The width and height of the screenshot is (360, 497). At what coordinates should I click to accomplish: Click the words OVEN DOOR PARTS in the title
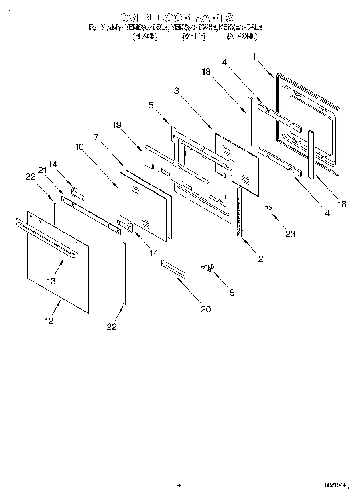(x=177, y=18)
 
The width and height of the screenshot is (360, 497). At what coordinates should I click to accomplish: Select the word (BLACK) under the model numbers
(x=144, y=37)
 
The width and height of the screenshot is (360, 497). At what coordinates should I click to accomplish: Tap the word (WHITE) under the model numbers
(x=194, y=37)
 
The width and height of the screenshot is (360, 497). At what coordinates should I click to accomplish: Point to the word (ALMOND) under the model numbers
(x=242, y=37)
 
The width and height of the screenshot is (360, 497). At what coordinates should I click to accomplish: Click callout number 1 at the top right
(x=254, y=57)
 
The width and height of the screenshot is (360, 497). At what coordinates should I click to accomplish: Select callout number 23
(x=290, y=234)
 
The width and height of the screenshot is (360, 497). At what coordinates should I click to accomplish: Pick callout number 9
(x=232, y=292)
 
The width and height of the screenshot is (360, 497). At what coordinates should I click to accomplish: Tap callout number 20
(x=205, y=309)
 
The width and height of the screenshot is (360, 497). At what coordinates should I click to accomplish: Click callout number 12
(x=49, y=321)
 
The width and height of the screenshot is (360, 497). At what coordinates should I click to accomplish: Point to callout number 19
(x=117, y=125)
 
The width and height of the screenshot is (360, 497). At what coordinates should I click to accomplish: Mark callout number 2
(x=260, y=259)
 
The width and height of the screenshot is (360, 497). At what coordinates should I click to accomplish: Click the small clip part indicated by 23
(x=268, y=207)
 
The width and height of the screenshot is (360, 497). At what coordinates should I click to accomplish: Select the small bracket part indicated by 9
(x=208, y=266)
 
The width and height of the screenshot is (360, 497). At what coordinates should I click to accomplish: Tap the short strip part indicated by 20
(x=173, y=268)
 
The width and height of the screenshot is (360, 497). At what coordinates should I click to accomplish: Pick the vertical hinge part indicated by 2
(x=240, y=213)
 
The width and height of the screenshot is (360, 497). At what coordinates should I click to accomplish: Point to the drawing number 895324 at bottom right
(x=335, y=485)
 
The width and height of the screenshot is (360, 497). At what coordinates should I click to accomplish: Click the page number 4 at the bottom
(x=179, y=485)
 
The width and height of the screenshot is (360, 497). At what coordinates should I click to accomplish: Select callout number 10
(x=79, y=147)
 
